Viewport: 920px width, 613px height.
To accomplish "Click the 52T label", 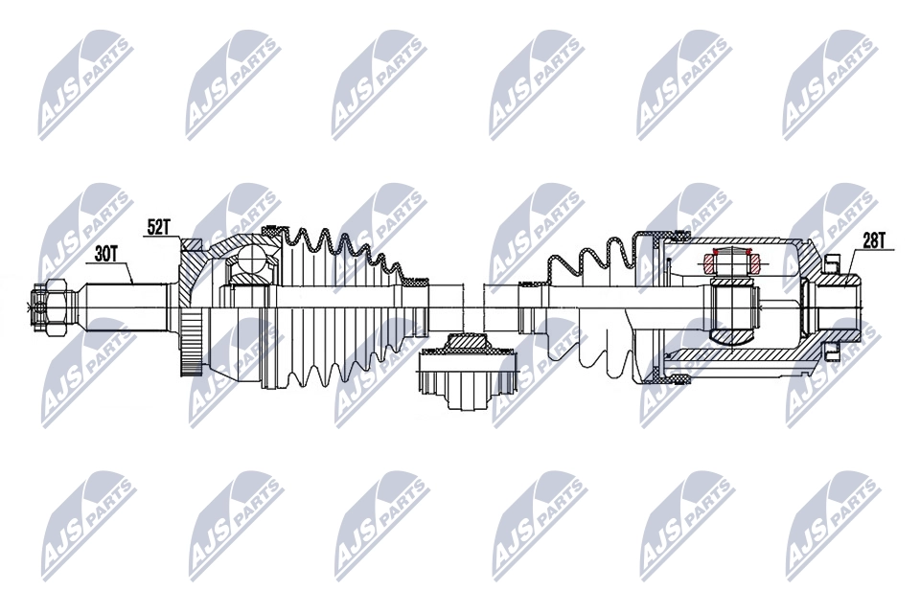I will click(159, 228).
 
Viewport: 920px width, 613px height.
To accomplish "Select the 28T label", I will click(873, 240).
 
